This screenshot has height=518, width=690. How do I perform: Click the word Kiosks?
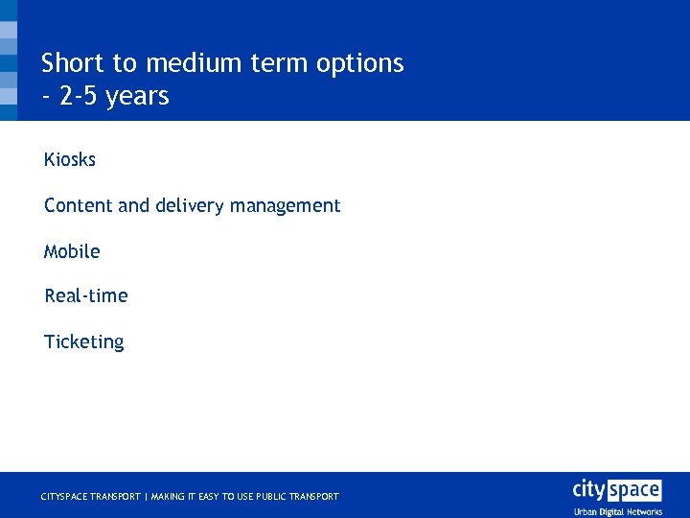(70, 159)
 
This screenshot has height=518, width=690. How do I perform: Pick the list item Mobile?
(72, 251)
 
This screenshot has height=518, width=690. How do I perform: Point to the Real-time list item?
(86, 295)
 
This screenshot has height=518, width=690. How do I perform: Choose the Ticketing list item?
(84, 341)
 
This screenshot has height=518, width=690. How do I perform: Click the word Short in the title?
(73, 63)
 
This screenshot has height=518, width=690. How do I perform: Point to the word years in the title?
(138, 97)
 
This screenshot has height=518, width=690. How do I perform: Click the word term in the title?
(279, 63)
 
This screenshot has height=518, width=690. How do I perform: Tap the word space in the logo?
(636, 490)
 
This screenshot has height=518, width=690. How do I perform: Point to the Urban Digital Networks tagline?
(618, 511)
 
